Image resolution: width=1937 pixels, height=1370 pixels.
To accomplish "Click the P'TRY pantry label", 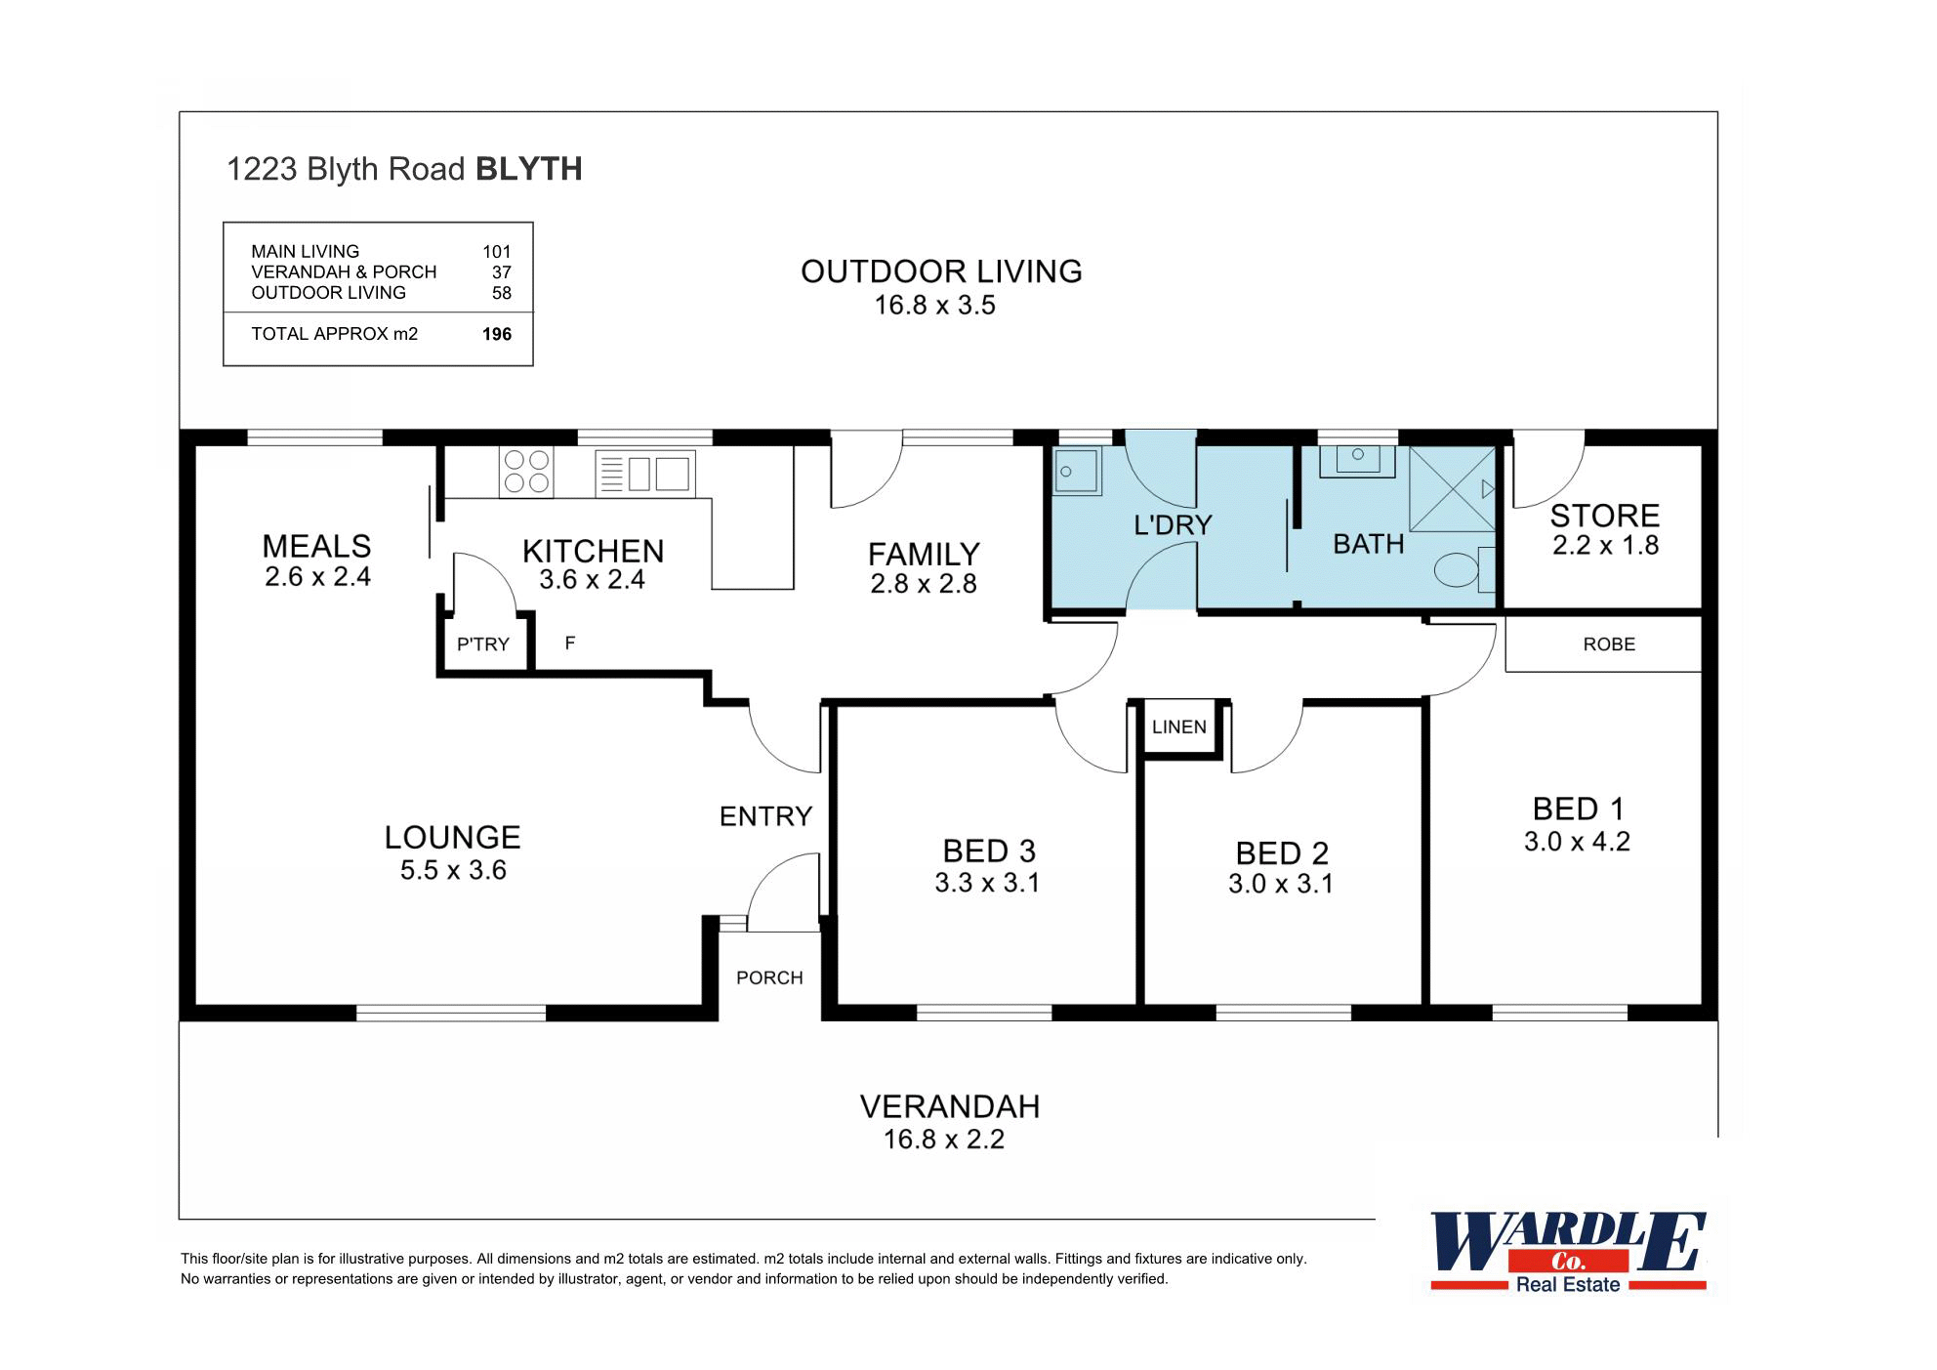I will tap(483, 644).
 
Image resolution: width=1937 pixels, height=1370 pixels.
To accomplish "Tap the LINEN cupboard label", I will tap(1178, 727).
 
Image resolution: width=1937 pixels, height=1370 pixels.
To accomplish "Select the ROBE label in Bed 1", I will tap(1608, 644).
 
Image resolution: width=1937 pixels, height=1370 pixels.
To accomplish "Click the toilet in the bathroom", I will tap(1460, 569).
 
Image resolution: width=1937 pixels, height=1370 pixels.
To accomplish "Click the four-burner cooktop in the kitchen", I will tap(526, 472).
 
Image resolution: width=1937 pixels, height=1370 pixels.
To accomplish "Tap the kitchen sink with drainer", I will tap(645, 474).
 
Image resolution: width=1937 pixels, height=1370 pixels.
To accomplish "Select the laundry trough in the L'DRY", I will tap(1077, 472).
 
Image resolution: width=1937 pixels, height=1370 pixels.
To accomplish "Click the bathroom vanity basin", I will tap(1357, 460).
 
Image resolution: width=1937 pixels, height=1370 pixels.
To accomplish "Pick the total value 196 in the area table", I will tap(496, 335).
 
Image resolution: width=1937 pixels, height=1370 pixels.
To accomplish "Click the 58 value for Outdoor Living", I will tap(501, 293).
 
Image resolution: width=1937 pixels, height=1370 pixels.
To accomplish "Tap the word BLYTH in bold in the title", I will tap(528, 169).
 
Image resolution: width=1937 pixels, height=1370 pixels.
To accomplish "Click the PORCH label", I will tap(769, 978).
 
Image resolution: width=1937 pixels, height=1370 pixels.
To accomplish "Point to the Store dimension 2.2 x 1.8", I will tap(1605, 546).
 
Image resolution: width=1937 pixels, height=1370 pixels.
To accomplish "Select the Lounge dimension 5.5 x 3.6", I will tap(453, 871).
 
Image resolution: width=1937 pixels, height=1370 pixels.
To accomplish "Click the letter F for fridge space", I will tap(570, 643).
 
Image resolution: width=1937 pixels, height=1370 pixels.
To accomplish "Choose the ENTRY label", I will tap(765, 816).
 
